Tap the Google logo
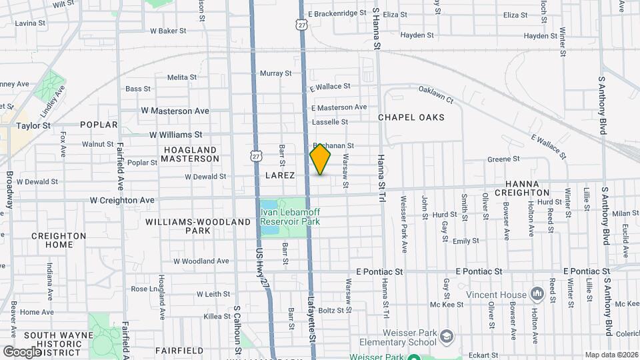pyautogui.click(x=23, y=351)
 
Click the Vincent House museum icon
pyautogui.click(x=537, y=294)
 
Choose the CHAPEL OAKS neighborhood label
pyautogui.click(x=411, y=117)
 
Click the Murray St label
pyautogui.click(x=275, y=73)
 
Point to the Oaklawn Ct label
pyautogui.click(x=435, y=95)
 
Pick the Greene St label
pyautogui.click(x=498, y=159)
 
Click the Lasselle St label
pyautogui.click(x=330, y=122)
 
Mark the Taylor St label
pyautogui.click(x=33, y=125)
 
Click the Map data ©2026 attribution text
pyautogui.click(x=611, y=355)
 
